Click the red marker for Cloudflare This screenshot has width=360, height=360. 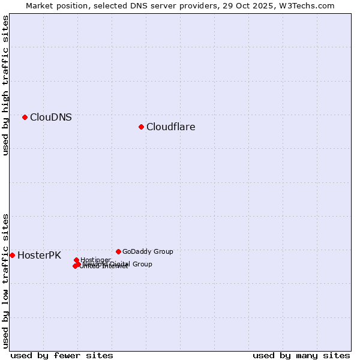coord(141,127)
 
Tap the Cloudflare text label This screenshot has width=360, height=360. coord(171,127)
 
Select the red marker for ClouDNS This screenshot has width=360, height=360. coord(25,117)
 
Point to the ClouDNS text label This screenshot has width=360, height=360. coord(51,118)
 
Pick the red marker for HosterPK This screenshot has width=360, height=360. coord(12,255)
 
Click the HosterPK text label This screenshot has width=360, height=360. coord(40,256)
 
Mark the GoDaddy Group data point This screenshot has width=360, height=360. coord(118,251)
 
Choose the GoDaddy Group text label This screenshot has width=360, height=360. coord(148,252)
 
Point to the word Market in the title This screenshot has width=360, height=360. coord(40,5)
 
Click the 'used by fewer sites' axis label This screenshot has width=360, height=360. coord(62,355)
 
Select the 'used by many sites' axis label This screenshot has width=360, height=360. coord(301,355)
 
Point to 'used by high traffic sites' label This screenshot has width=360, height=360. coord(5,85)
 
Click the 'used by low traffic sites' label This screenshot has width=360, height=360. coord(5,280)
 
